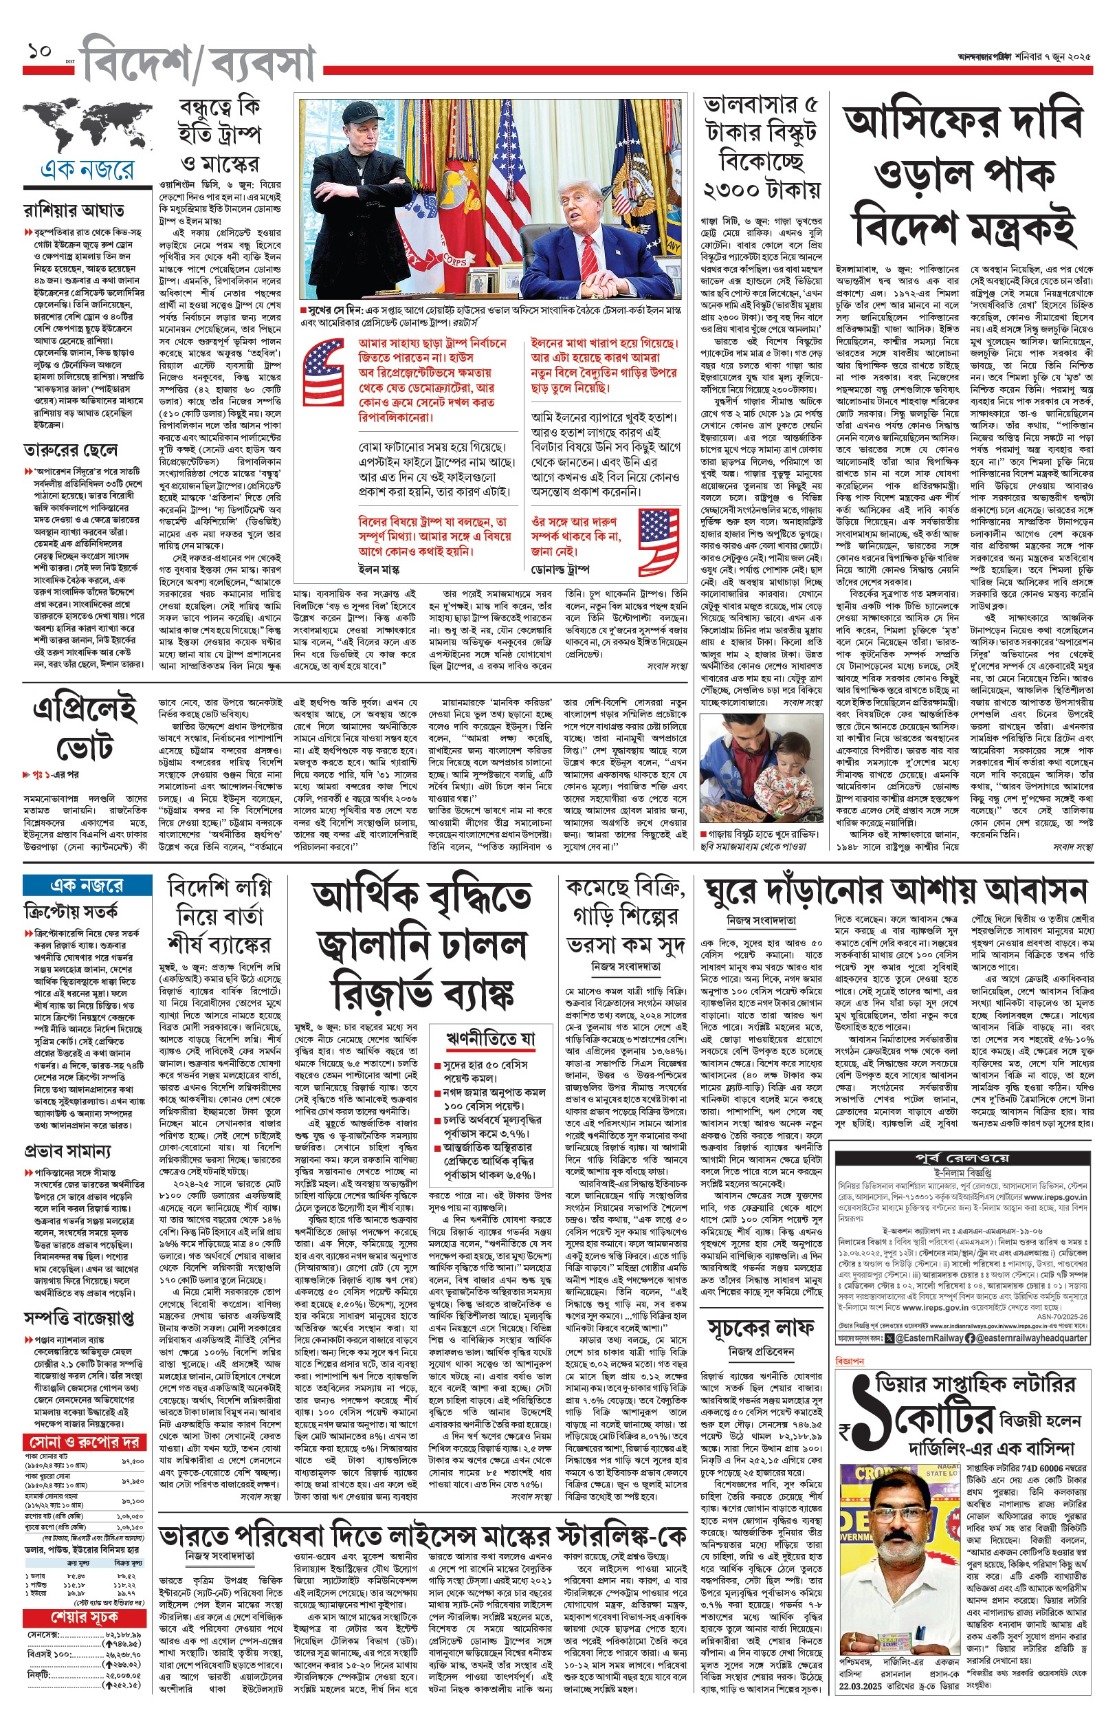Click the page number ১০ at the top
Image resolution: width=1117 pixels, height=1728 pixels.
[39, 52]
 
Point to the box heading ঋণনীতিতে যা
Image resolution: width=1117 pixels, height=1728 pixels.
[490, 1040]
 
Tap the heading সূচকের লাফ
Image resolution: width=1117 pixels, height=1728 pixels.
[761, 1328]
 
